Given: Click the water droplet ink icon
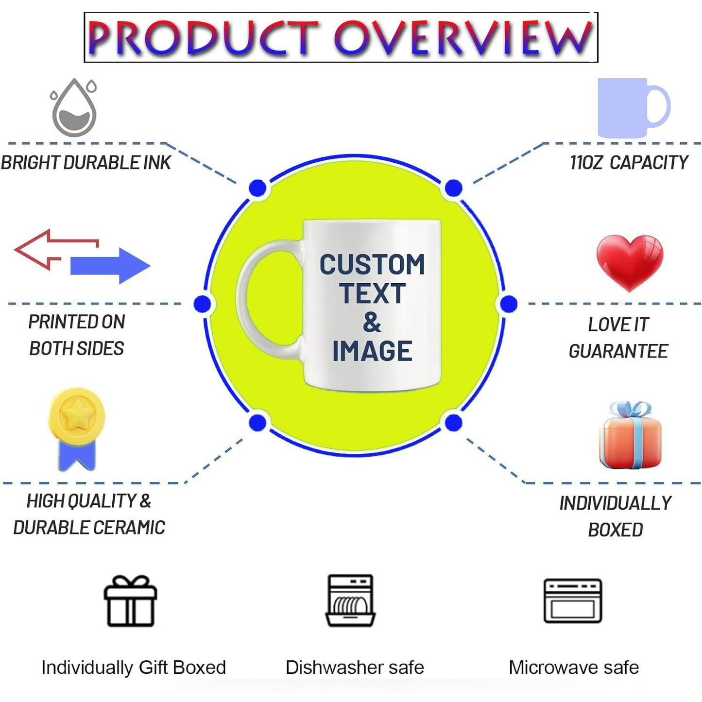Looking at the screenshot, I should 74,108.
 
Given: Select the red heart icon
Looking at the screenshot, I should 630,261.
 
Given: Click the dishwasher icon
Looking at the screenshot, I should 350,600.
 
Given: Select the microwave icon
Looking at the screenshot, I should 573,601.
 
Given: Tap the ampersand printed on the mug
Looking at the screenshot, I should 372,323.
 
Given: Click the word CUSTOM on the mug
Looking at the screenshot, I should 372,265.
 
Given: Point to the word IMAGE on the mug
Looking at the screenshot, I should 372,351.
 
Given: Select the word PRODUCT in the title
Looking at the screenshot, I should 203,38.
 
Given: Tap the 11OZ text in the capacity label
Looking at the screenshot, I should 586,162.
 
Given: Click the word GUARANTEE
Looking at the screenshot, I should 618,351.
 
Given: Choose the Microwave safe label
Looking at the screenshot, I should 573,668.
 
